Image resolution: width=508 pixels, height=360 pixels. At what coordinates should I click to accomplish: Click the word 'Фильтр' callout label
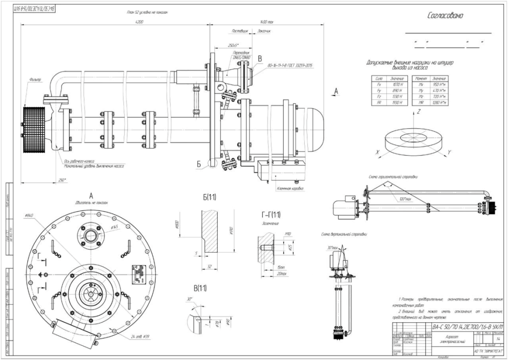click(35, 79)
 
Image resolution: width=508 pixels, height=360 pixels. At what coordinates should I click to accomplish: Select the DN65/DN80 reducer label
click(242, 55)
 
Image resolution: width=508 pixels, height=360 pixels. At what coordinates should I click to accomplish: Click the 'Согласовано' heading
click(445, 15)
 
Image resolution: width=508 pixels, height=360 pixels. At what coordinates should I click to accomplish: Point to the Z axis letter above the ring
click(419, 112)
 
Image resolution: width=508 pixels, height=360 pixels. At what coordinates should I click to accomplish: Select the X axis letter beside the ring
click(378, 152)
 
